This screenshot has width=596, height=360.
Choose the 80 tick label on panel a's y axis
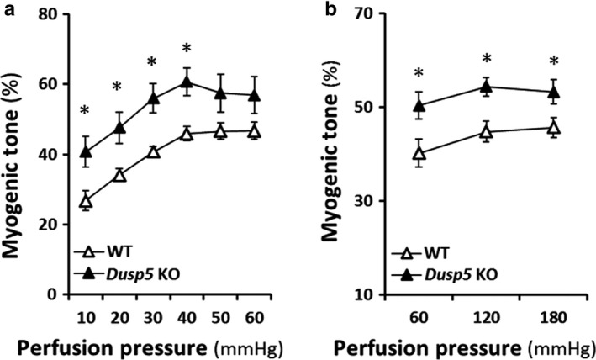click(58, 14)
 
